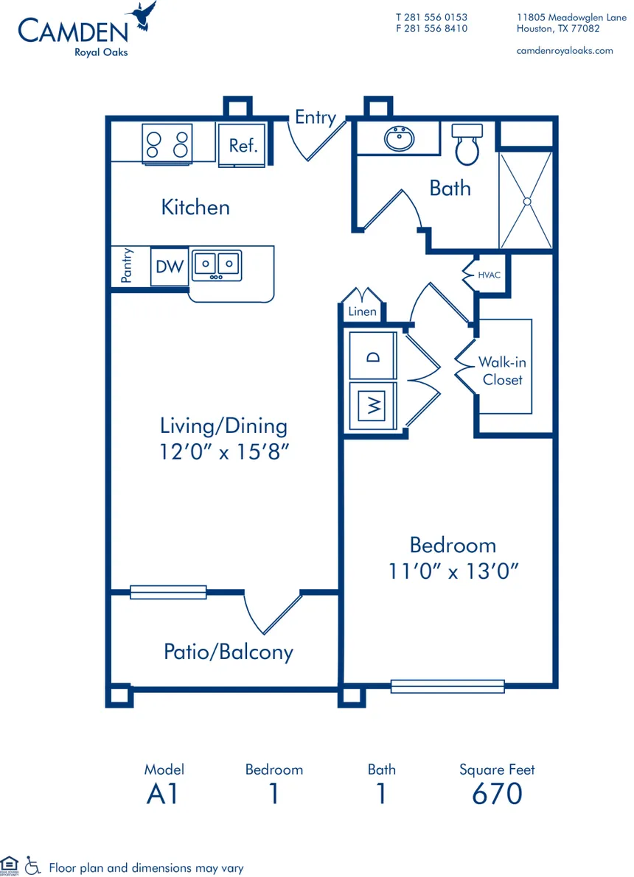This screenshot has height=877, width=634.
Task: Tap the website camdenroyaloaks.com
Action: pyautogui.click(x=565, y=50)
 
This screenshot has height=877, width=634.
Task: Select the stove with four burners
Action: pyautogui.click(x=167, y=143)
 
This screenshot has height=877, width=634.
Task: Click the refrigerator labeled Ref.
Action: pyautogui.click(x=243, y=145)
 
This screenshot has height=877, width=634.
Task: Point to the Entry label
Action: pyautogui.click(x=315, y=117)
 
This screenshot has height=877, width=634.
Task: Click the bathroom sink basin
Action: pyautogui.click(x=400, y=138)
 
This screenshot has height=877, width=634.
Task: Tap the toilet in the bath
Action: pyautogui.click(x=467, y=144)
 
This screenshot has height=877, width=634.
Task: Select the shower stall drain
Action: pyautogui.click(x=526, y=200)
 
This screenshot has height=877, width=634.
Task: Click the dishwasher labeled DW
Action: pyautogui.click(x=170, y=266)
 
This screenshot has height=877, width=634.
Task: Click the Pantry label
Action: pyautogui.click(x=127, y=265)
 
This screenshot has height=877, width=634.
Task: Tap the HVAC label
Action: pyautogui.click(x=490, y=275)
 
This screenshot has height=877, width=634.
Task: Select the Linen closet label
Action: pyautogui.click(x=362, y=311)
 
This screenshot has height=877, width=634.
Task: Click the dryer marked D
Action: pyautogui.click(x=374, y=356)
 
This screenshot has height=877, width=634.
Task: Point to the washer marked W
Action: pyautogui.click(x=374, y=405)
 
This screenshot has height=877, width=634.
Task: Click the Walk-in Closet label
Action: pyautogui.click(x=502, y=371)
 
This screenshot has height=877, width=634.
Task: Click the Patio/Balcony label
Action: pyautogui.click(x=228, y=652)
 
